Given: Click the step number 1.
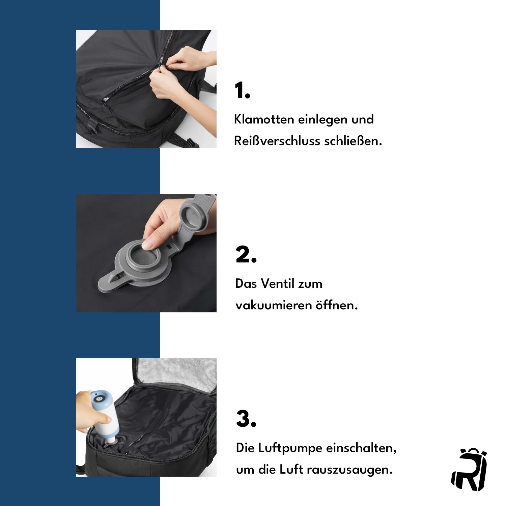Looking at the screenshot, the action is (x=242, y=90).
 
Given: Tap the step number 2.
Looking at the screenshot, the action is (x=246, y=255).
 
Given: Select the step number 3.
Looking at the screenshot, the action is (x=246, y=419).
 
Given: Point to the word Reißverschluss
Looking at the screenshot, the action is (x=277, y=141).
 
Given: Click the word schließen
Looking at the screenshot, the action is (x=353, y=141).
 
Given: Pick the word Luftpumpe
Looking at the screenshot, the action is (x=290, y=448).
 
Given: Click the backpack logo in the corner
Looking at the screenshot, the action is (x=469, y=470).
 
